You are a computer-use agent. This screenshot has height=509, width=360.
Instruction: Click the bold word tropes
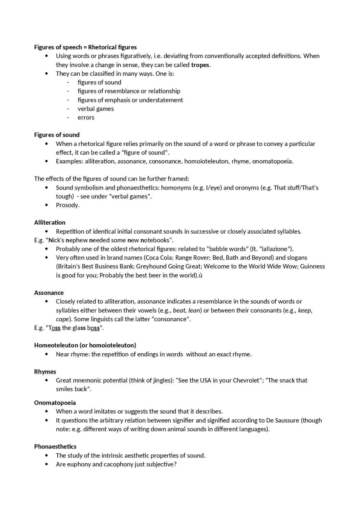tap(200, 65)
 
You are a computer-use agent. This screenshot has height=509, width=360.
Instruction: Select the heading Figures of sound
tap(57, 135)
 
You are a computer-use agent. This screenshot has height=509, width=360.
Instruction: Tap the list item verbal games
tap(96, 109)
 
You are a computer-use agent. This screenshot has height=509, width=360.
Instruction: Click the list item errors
tap(86, 117)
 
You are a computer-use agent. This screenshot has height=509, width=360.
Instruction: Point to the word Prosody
tap(67, 205)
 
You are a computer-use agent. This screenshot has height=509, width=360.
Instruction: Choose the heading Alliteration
tap(50, 223)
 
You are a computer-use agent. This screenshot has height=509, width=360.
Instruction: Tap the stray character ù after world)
tap(201, 275)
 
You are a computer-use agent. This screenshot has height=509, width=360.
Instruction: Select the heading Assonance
tap(49, 293)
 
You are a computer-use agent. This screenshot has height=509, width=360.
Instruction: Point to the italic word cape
tap(62, 319)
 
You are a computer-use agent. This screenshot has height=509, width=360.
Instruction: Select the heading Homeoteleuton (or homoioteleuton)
tap(85, 345)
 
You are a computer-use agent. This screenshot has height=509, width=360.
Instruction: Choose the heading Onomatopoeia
tap(55, 403)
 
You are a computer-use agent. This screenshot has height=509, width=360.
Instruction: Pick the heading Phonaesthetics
tap(55, 447)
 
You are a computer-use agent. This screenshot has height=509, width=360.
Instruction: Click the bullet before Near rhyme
tap(47, 354)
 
